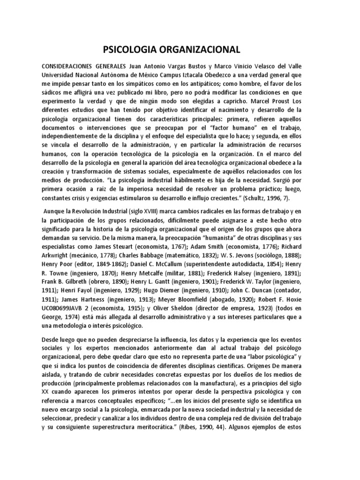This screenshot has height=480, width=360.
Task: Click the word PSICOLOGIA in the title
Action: pyautogui.click(x=132, y=50)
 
